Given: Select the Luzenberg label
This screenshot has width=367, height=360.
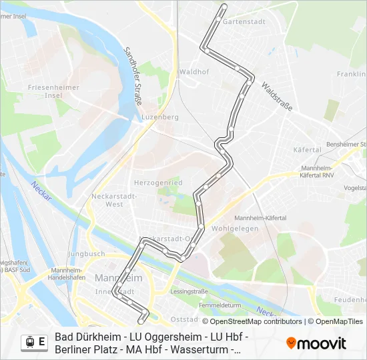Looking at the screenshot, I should [x=159, y=117].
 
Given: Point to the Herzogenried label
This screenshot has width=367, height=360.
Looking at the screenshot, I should [x=158, y=182].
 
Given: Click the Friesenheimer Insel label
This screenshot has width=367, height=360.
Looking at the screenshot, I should [x=53, y=91].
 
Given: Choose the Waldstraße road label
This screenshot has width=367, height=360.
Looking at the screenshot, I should [x=278, y=96].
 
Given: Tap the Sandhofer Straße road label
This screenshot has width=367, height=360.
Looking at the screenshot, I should [x=133, y=76].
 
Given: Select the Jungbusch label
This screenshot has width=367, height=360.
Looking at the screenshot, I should [x=86, y=254].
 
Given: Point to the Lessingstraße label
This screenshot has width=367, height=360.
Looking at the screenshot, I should [x=190, y=291].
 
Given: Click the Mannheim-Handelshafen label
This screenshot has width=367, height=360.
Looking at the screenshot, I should [x=66, y=274].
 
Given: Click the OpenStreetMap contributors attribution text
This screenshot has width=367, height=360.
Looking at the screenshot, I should [x=256, y=321].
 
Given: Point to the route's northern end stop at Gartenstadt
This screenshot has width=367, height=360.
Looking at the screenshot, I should [x=224, y=7].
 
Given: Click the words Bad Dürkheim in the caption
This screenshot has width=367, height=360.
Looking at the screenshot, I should [x=87, y=337].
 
